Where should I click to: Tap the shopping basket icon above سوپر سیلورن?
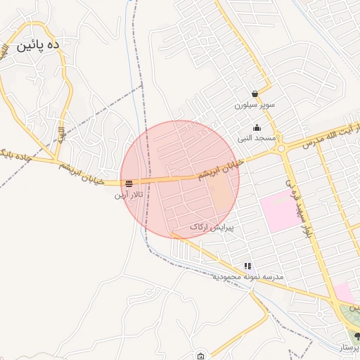[254, 94]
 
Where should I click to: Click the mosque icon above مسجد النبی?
[257, 128]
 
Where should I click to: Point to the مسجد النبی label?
[257, 139]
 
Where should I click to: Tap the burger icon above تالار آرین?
[129, 184]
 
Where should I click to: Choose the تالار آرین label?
[129, 194]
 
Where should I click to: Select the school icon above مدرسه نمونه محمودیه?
[247, 266]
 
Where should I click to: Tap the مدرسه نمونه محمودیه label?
[248, 277]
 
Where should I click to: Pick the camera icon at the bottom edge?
[202, 356]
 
